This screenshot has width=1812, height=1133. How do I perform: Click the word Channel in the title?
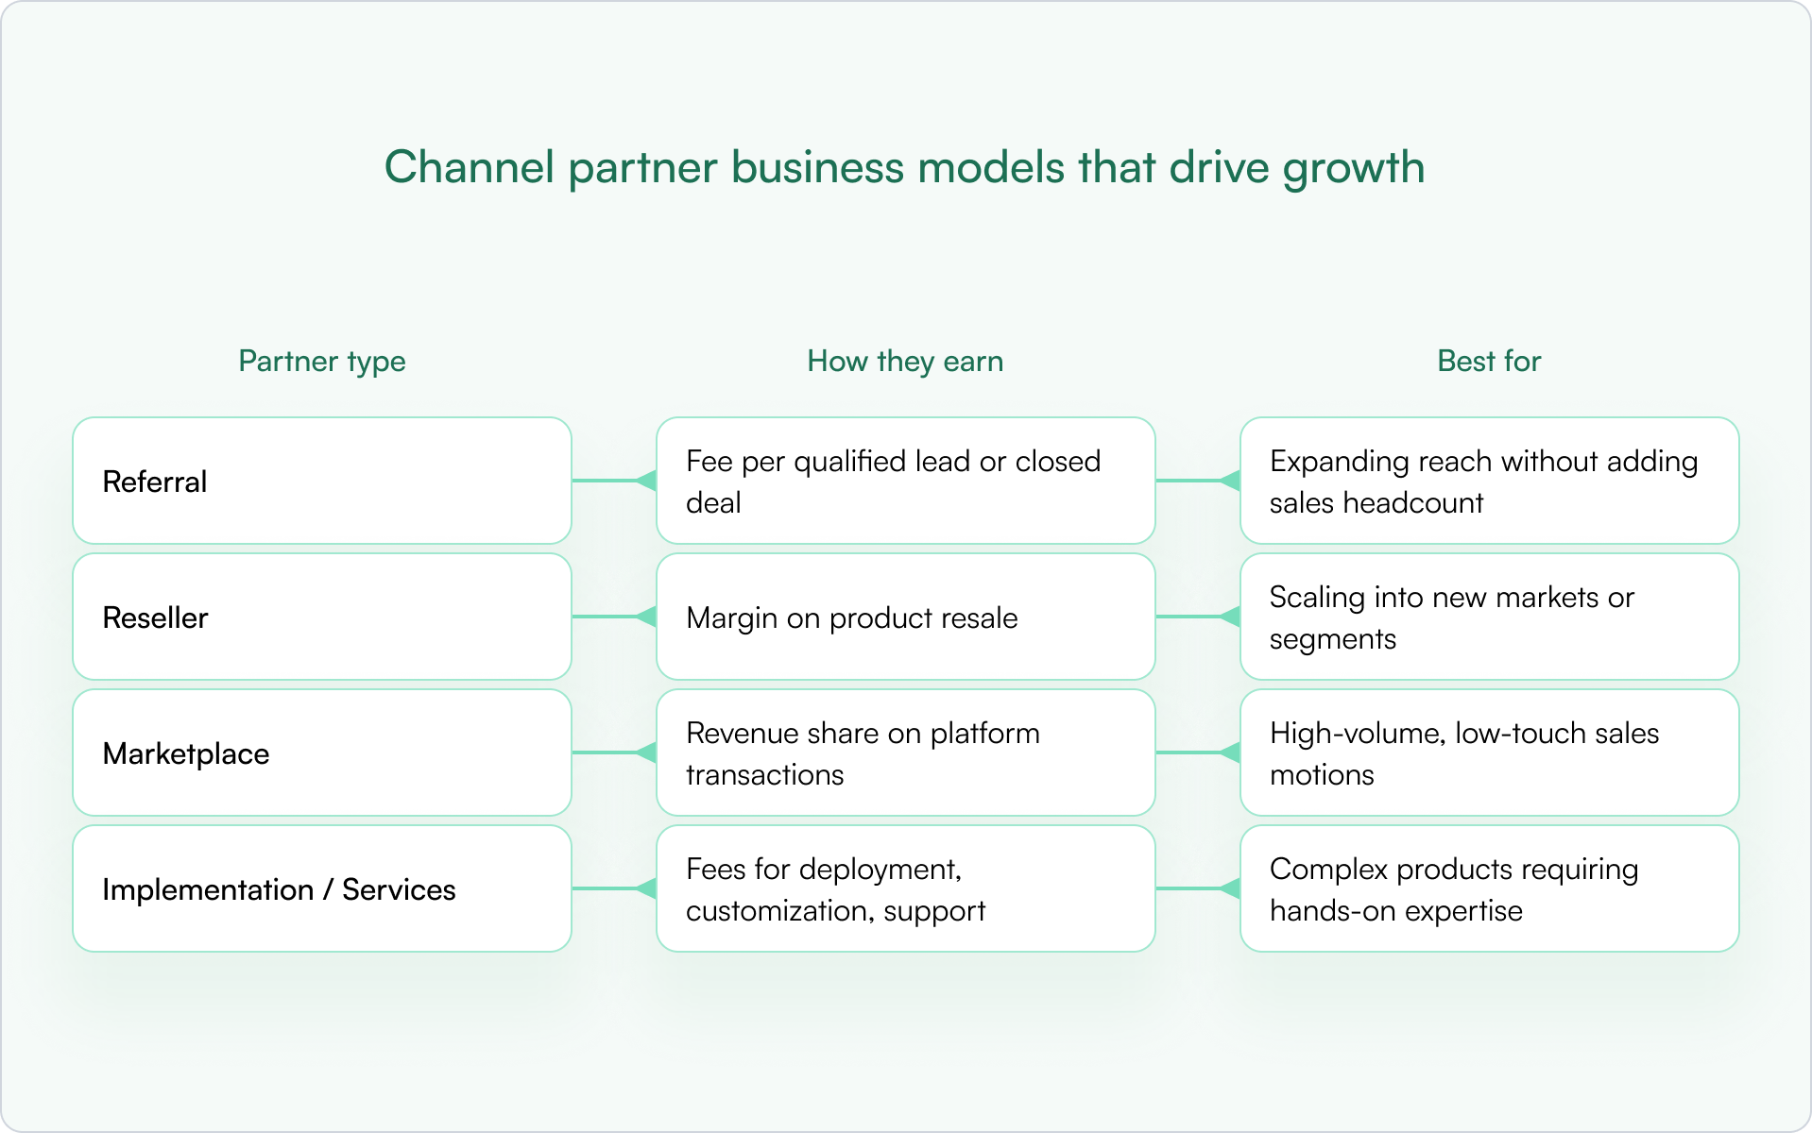pyautogui.click(x=470, y=167)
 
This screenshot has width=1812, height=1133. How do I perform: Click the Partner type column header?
pyautogui.click(x=322, y=362)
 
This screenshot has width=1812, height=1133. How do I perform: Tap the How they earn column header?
pyautogui.click(x=905, y=362)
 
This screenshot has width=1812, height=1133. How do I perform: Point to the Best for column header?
pyautogui.click(x=1489, y=361)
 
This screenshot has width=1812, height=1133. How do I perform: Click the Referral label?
pyautogui.click(x=155, y=482)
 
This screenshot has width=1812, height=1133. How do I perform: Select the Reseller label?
pyautogui.click(x=155, y=617)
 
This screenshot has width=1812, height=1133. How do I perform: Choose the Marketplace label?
pyautogui.click(x=186, y=753)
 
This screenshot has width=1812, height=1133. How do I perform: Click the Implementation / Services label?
pyautogui.click(x=279, y=889)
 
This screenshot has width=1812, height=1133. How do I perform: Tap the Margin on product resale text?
pyautogui.click(x=852, y=618)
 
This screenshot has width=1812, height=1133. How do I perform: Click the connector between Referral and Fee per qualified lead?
pyautogui.click(x=614, y=481)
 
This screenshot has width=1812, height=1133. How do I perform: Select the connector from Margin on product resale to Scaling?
pyautogui.click(x=1198, y=617)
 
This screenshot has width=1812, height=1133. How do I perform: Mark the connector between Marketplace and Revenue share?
pyautogui.click(x=614, y=753)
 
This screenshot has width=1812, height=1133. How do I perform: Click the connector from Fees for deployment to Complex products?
pyautogui.click(x=1198, y=888)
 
